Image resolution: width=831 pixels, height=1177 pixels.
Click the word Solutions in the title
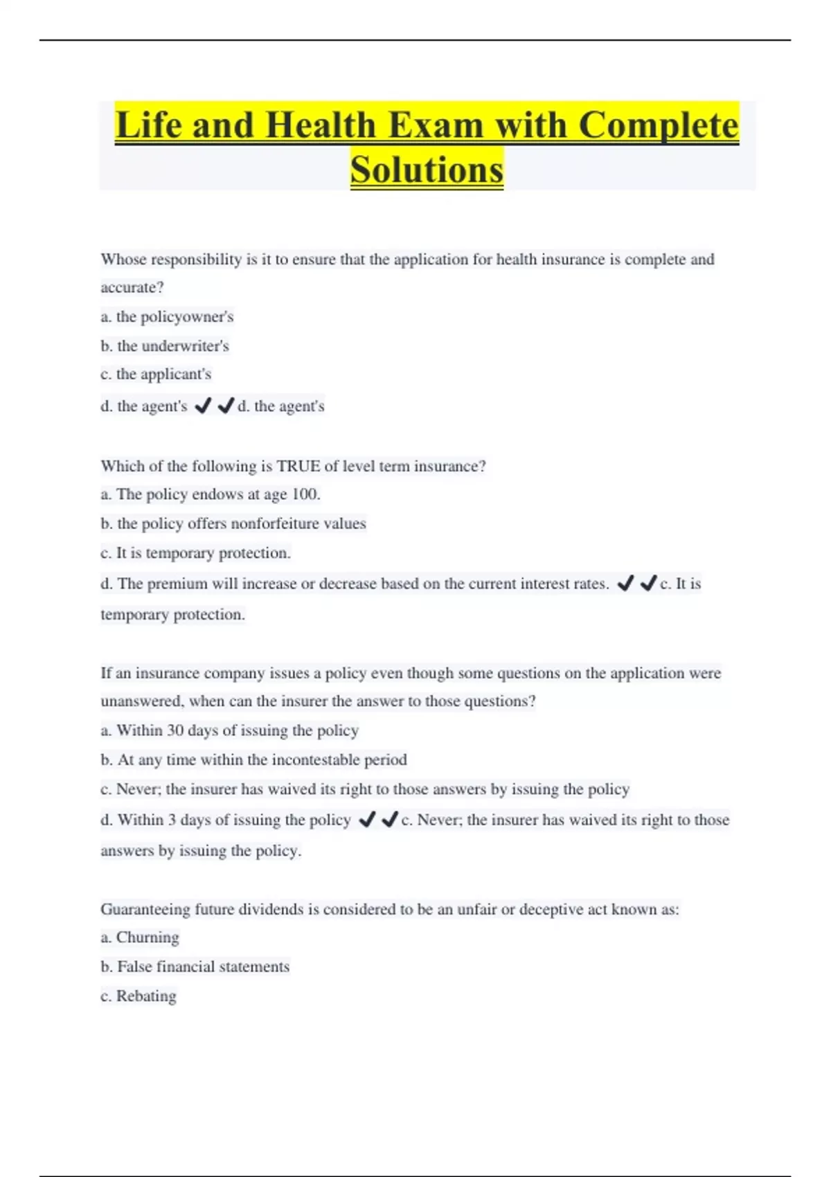tap(427, 170)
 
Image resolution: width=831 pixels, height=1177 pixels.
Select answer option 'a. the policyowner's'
tap(167, 317)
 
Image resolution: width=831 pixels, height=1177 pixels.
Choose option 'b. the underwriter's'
tap(165, 346)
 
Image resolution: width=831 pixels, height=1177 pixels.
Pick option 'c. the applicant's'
tap(156, 375)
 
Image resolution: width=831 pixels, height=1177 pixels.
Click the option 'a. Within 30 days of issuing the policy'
tap(229, 730)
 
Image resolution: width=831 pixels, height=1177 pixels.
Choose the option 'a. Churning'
tap(140, 937)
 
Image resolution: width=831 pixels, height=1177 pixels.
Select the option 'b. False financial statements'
tap(195, 967)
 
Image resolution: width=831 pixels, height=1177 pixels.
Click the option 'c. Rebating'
tap(138, 996)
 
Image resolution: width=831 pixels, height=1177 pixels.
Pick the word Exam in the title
tap(436, 126)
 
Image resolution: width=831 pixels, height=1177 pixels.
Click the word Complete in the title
tap(659, 126)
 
